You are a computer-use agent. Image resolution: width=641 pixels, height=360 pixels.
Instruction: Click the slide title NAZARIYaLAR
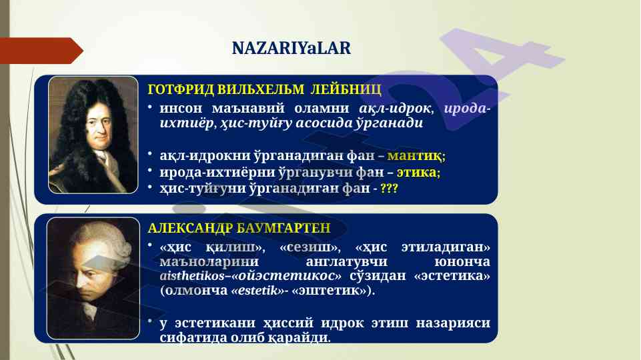click(291, 48)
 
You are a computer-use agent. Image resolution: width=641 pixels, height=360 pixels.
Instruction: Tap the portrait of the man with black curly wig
click(93, 135)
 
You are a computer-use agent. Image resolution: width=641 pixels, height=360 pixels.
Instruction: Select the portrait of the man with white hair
click(93, 278)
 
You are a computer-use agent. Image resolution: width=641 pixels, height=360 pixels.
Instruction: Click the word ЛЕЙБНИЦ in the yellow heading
click(346, 89)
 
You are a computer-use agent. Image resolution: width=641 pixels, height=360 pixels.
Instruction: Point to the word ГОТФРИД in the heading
click(181, 89)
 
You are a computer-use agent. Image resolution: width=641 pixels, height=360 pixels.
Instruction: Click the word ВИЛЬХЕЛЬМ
click(261, 89)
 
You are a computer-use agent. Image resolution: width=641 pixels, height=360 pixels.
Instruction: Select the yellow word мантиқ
click(414, 156)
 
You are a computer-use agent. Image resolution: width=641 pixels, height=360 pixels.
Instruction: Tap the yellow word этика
click(417, 172)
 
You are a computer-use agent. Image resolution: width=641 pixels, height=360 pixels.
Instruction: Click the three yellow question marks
click(389, 189)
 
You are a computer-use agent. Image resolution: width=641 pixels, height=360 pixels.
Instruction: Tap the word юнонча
click(462, 261)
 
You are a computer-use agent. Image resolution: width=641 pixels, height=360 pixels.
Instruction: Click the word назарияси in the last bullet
click(453, 323)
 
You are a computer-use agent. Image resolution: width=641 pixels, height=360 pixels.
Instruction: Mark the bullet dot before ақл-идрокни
click(150, 153)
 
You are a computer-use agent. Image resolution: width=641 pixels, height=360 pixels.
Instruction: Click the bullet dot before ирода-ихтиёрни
click(150, 170)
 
